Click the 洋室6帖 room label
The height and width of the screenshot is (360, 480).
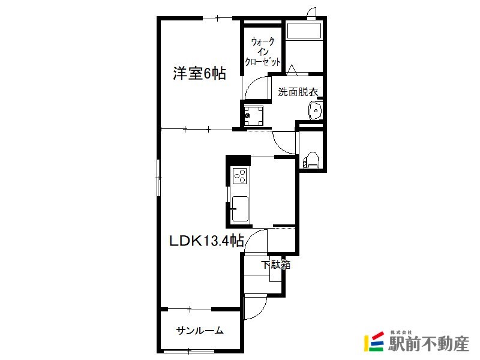(x=200, y=73)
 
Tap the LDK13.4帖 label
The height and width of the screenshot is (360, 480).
(x=207, y=241)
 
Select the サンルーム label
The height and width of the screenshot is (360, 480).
(x=200, y=331)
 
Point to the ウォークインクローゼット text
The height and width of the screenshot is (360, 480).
(x=263, y=52)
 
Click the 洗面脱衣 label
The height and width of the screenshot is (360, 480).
(x=298, y=92)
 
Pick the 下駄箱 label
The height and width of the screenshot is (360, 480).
(x=276, y=265)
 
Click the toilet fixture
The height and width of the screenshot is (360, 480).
(x=311, y=160)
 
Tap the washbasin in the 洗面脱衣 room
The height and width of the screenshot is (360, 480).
(x=315, y=110)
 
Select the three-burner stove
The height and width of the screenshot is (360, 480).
(x=239, y=176)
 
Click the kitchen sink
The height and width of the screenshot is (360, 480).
(x=240, y=209)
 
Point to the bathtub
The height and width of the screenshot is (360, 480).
(x=304, y=31)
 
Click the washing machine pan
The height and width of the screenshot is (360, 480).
(x=254, y=115)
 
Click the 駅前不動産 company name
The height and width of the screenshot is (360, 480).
(x=428, y=344)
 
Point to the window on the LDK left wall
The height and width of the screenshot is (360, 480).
(x=158, y=178)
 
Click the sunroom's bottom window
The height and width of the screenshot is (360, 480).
(x=189, y=351)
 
